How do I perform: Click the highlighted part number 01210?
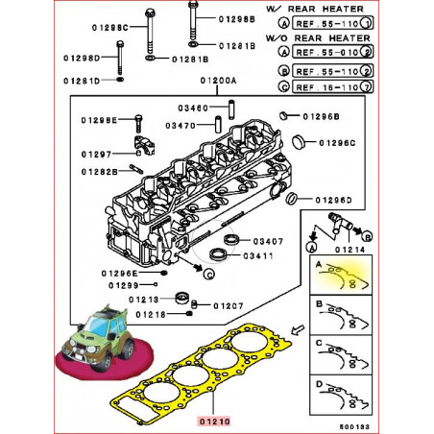(215, 422)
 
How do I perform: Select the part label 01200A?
(218, 81)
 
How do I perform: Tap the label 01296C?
(337, 143)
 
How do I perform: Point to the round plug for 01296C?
(300, 141)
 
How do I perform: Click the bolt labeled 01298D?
(120, 58)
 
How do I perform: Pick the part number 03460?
(193, 108)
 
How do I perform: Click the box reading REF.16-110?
(332, 87)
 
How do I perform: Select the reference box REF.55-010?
(332, 52)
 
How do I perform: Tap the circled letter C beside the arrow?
(208, 274)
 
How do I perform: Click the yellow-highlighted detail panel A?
(341, 275)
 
